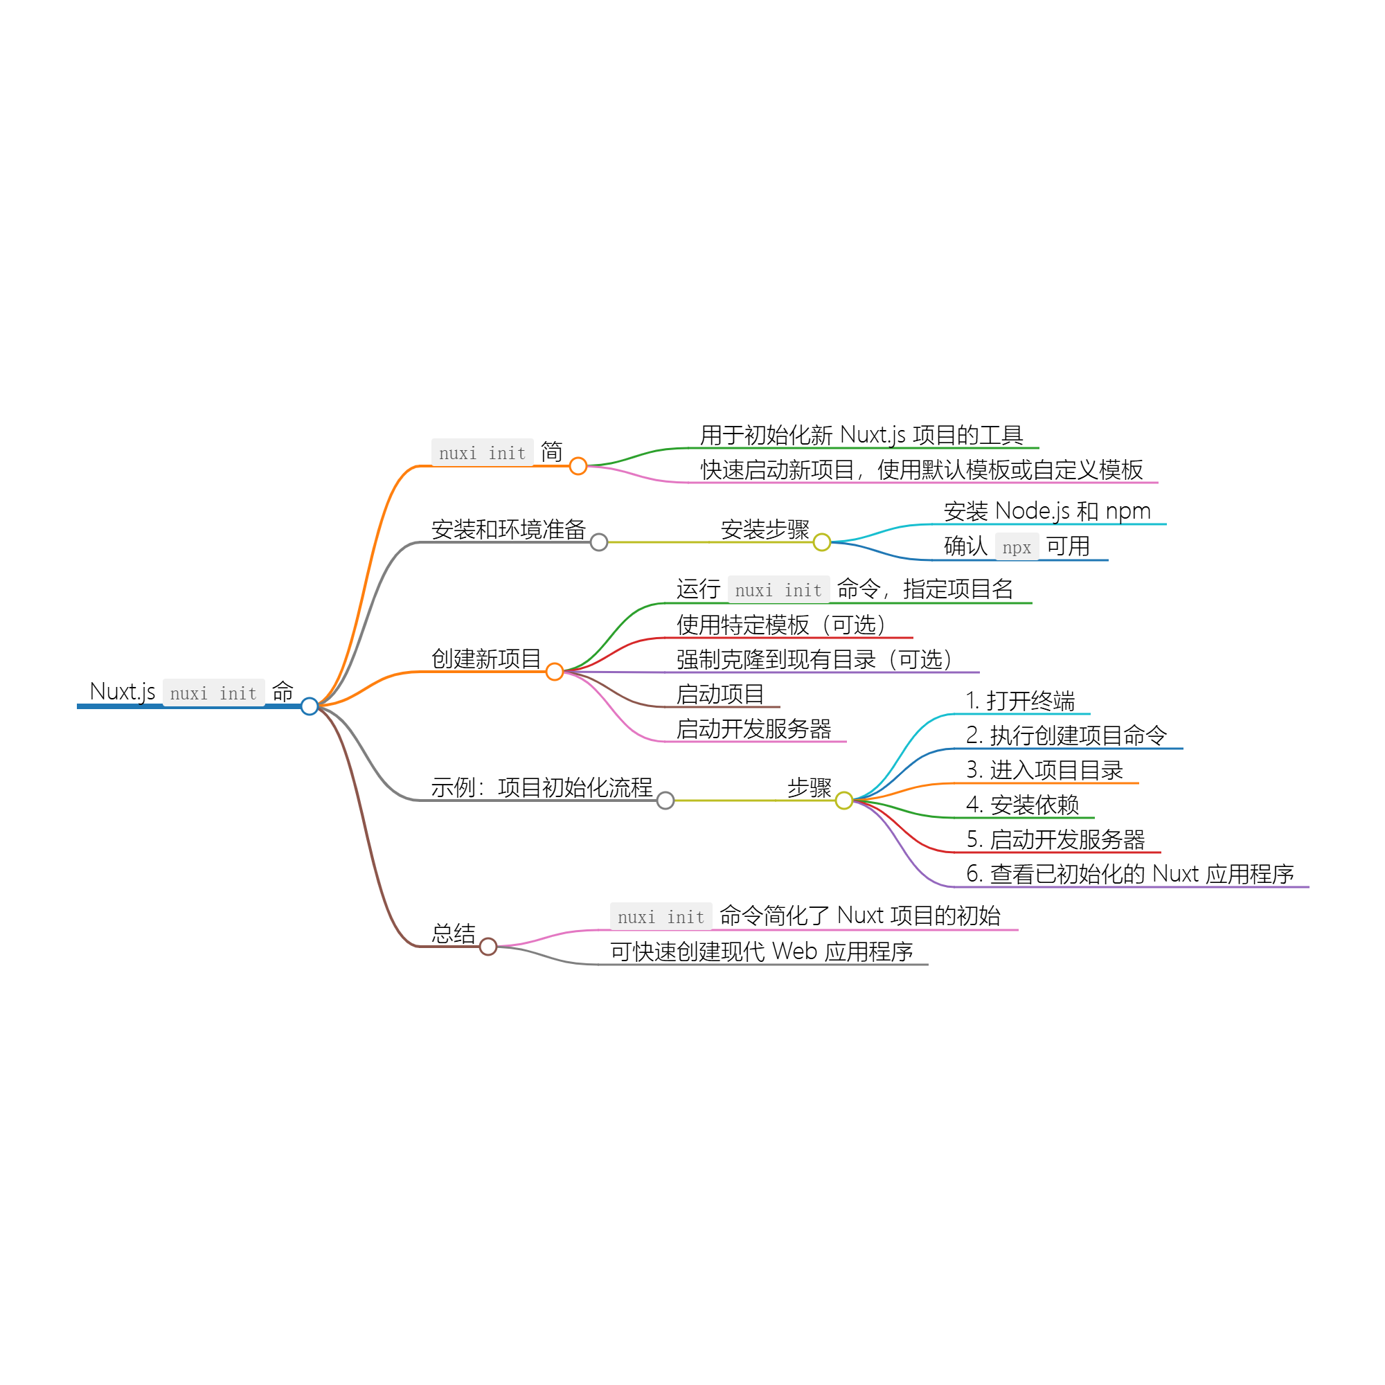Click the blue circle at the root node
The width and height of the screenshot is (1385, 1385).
(309, 706)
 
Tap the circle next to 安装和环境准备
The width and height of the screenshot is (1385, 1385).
(598, 543)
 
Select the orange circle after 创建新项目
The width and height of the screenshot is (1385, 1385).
(554, 672)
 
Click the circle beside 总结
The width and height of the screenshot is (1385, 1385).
(488, 946)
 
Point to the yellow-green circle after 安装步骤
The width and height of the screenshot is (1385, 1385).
(821, 543)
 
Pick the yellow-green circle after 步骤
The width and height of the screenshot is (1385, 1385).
(843, 800)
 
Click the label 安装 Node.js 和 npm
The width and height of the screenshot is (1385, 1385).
(1046, 511)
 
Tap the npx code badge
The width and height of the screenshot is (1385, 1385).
(1016, 548)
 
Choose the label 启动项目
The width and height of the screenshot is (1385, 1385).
(720, 694)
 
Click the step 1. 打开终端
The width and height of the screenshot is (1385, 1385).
(1019, 700)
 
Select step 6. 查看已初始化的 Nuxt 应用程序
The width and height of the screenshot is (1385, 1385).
(1129, 874)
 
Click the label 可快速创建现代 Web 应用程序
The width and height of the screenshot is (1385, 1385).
(761, 951)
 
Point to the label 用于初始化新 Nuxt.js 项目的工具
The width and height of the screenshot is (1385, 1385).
(861, 435)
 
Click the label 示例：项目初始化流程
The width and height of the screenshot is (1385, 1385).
(542, 787)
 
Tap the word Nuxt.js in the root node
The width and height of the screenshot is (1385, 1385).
(123, 692)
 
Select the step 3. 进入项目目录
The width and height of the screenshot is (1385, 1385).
(1044, 770)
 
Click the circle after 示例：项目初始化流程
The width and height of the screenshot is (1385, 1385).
(665, 800)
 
